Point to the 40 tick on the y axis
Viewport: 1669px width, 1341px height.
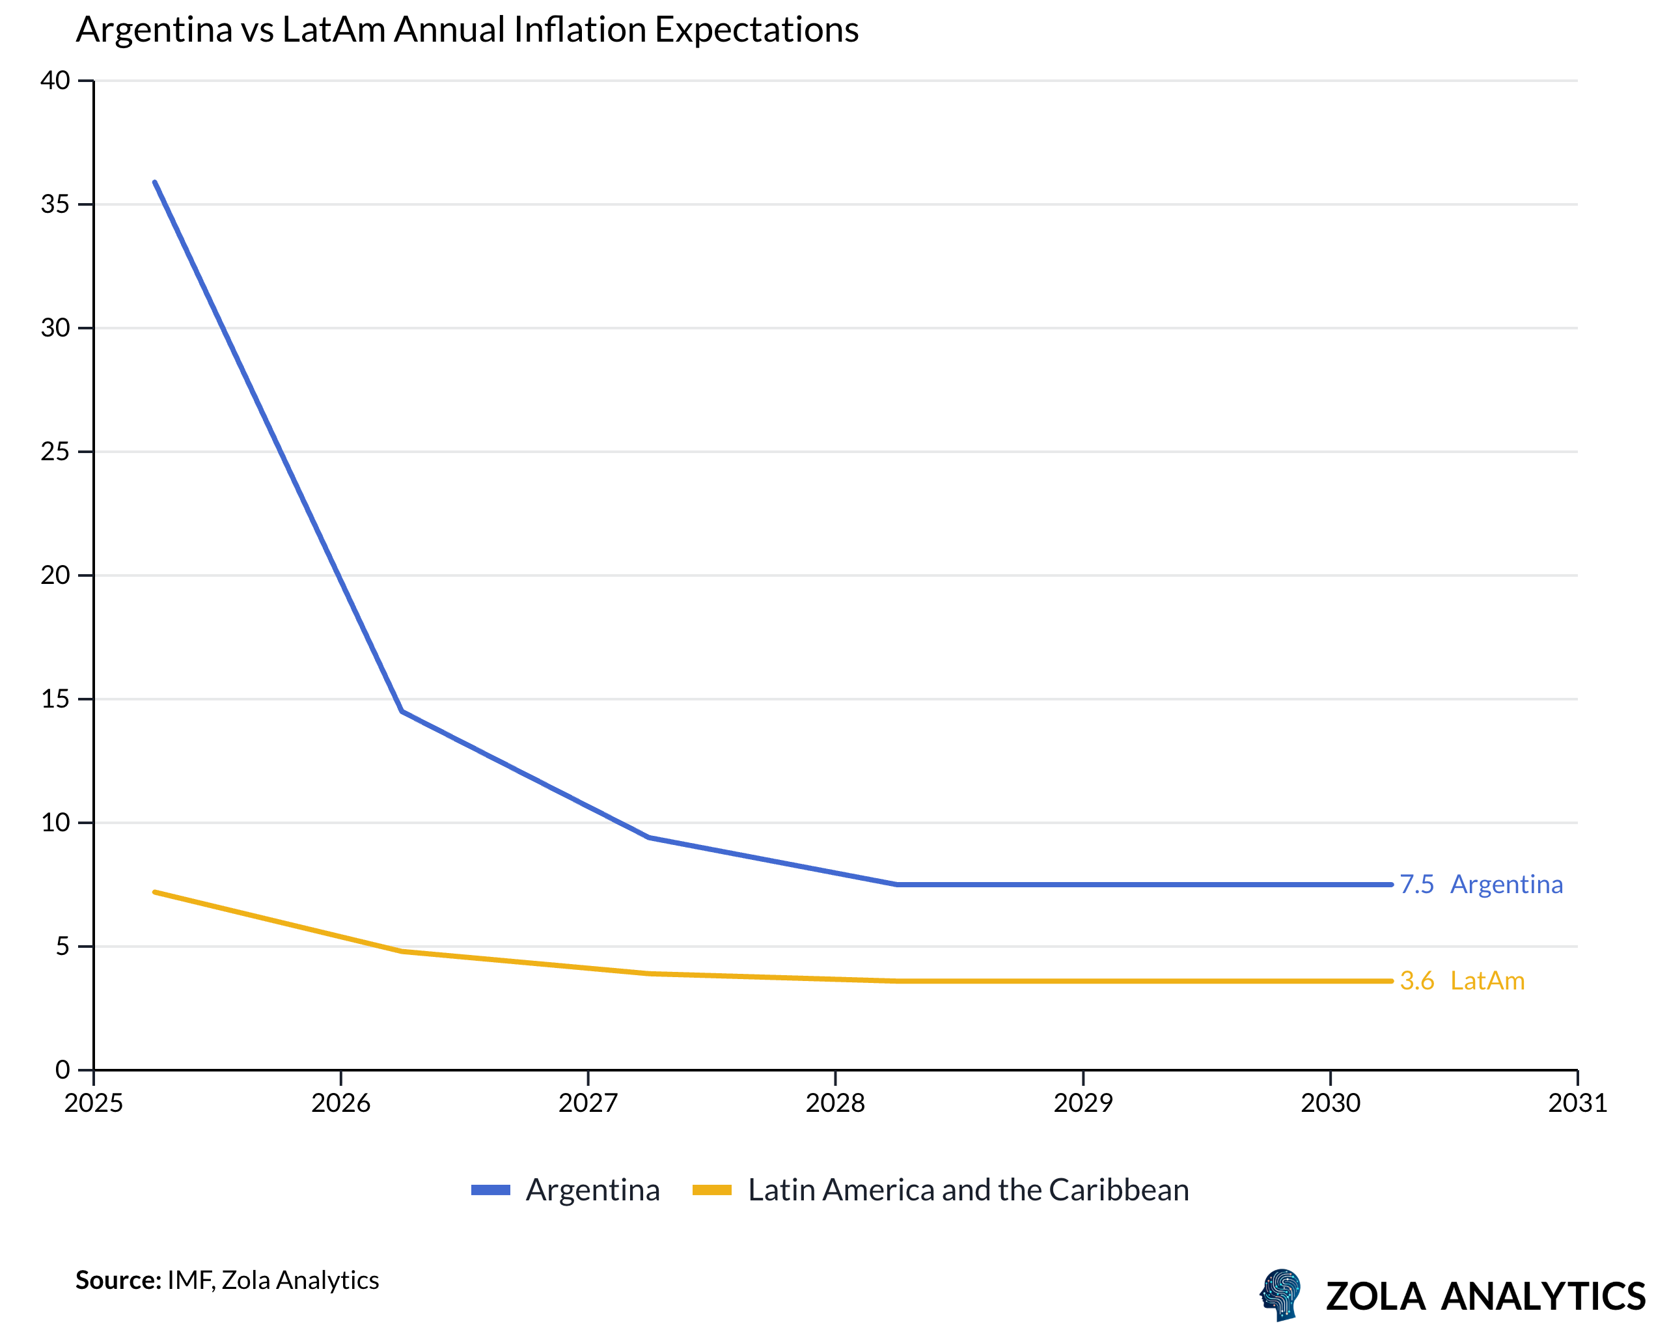coord(55,81)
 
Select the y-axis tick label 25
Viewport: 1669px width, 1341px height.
coord(55,451)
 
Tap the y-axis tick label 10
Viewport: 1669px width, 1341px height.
coord(55,822)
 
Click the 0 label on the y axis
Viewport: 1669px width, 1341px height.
coord(62,1070)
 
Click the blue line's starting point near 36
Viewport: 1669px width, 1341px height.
coord(155,183)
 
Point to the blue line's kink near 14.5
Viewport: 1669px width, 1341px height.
coord(402,711)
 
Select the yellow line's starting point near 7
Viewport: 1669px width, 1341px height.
coord(155,892)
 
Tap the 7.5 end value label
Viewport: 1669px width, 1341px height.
coord(1416,884)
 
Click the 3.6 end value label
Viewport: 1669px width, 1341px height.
coord(1416,981)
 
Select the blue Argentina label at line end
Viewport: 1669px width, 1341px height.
coord(1506,884)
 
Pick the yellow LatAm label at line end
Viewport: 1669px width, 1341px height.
coord(1487,981)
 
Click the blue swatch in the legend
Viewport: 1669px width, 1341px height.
coord(490,1190)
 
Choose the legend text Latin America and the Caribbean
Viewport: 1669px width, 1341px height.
coord(968,1190)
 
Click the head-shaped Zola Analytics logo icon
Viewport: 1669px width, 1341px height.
coord(1281,1293)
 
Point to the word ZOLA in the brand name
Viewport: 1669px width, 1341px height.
coord(1375,1296)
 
